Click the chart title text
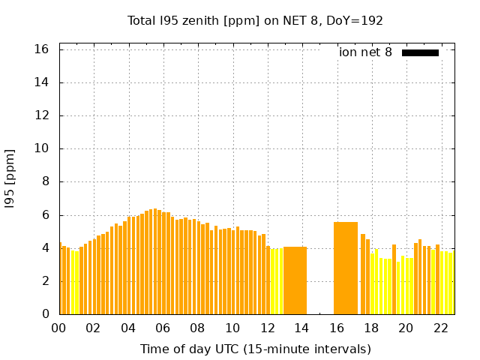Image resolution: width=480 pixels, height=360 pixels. click(x=255, y=21)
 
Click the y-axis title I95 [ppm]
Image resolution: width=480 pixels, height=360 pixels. click(x=10, y=179)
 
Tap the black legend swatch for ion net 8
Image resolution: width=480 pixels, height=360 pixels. click(x=420, y=52)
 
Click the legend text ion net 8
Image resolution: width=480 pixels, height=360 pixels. click(x=365, y=52)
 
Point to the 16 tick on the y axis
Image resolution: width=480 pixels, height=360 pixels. click(x=41, y=49)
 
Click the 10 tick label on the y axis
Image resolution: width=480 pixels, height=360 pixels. click(x=41, y=148)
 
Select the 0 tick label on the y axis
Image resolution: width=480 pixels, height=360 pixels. click(x=46, y=313)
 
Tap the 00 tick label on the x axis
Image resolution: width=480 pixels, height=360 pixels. click(x=58, y=328)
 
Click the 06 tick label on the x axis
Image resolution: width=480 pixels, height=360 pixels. click(x=163, y=328)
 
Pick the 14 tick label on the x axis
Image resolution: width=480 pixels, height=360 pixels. click(x=301, y=328)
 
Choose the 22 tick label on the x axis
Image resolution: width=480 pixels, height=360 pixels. click(x=441, y=328)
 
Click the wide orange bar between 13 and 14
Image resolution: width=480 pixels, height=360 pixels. click(x=295, y=280)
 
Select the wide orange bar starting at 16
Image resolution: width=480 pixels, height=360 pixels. click(x=346, y=268)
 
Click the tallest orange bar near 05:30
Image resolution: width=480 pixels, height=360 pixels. click(x=155, y=262)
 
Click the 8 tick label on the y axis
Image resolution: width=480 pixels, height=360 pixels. click(x=46, y=181)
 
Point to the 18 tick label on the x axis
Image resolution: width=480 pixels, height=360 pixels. click(x=371, y=328)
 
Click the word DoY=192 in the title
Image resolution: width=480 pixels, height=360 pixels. click(x=355, y=21)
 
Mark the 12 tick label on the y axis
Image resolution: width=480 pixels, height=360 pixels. click(x=41, y=115)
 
